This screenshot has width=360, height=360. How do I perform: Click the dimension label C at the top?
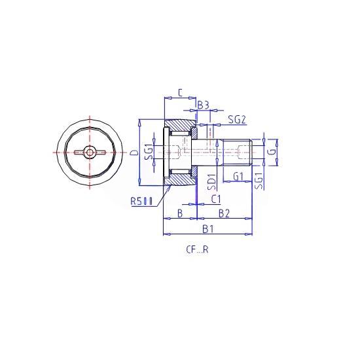point(180,93)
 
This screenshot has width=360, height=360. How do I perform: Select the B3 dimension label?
point(204,105)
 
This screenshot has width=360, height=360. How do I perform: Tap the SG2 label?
point(237,120)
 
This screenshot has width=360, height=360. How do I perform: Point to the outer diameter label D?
point(135,153)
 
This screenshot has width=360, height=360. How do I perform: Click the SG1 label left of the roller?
point(149,152)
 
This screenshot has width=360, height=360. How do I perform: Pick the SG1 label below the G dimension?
point(259,181)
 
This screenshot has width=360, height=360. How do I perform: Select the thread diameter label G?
point(272,152)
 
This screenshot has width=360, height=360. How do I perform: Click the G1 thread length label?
point(238,177)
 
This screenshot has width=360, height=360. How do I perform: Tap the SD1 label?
point(211,182)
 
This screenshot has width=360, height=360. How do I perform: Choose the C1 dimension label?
point(216,199)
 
